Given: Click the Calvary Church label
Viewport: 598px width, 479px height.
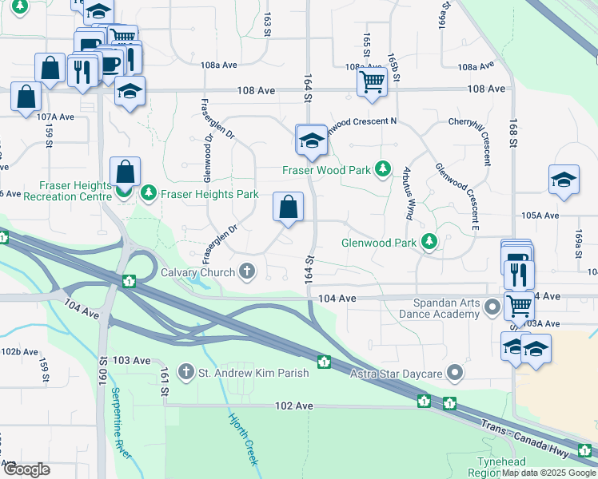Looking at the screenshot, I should [x=196, y=271].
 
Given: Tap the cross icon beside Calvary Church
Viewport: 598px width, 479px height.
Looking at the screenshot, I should [x=247, y=271].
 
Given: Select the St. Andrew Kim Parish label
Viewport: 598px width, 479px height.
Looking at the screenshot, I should [x=253, y=373].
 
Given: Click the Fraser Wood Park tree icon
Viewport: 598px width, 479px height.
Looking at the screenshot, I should [x=384, y=169].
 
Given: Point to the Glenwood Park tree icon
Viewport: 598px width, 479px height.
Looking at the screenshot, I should [x=429, y=240].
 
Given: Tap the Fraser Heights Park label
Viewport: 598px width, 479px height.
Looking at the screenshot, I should [x=210, y=194].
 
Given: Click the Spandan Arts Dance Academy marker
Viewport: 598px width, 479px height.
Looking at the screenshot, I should [x=493, y=307].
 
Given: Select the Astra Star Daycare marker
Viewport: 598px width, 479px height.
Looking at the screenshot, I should [x=456, y=373].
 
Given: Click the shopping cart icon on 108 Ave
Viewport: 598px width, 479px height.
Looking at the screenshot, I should [x=372, y=81].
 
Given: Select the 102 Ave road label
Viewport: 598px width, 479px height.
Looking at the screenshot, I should [x=293, y=406].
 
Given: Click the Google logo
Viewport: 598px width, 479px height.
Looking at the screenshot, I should [x=27, y=469].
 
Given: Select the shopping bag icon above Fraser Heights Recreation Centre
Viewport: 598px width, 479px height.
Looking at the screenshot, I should [x=126, y=171].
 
